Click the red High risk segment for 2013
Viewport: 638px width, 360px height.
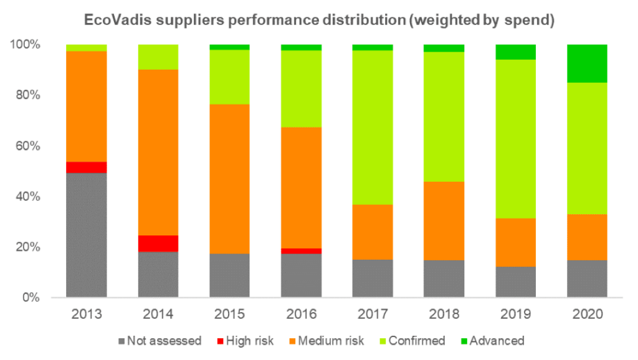point(86,167)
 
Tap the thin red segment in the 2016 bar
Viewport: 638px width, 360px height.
point(301,251)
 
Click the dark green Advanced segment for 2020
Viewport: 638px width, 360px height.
point(587,64)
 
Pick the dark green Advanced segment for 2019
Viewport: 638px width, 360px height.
point(515,52)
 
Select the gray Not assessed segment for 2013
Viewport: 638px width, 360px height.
point(86,235)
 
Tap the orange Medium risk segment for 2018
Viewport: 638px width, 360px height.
point(444,220)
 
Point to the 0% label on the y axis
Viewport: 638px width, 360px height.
point(32,298)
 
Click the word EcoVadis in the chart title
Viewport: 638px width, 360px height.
point(115,19)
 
